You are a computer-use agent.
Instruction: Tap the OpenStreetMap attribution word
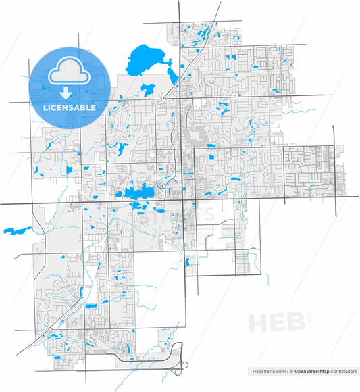pos(311,371)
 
